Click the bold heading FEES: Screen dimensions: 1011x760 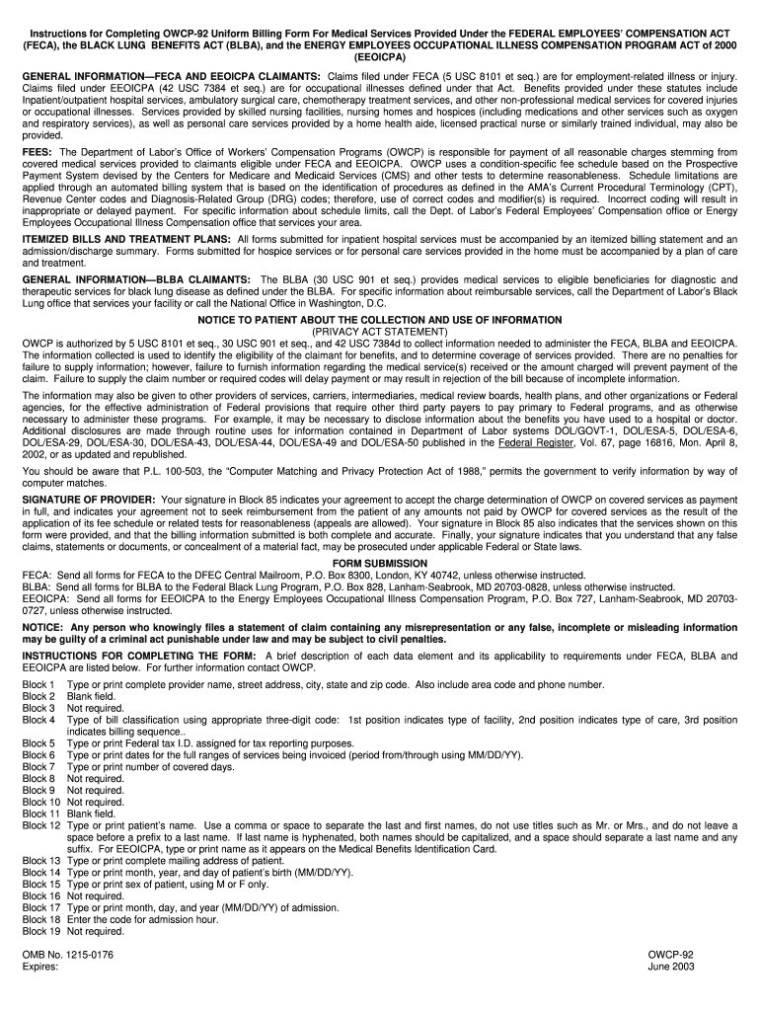(38, 151)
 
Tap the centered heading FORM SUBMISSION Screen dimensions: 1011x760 (379, 563)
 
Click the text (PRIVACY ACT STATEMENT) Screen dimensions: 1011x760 (379, 332)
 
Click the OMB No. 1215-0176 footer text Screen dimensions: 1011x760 (67, 955)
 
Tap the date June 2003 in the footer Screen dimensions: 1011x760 (671, 967)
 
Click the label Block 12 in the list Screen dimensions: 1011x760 (41, 824)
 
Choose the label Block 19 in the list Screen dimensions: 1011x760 (41, 930)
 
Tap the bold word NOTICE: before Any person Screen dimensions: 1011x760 (43, 627)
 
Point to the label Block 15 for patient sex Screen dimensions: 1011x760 (41, 884)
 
